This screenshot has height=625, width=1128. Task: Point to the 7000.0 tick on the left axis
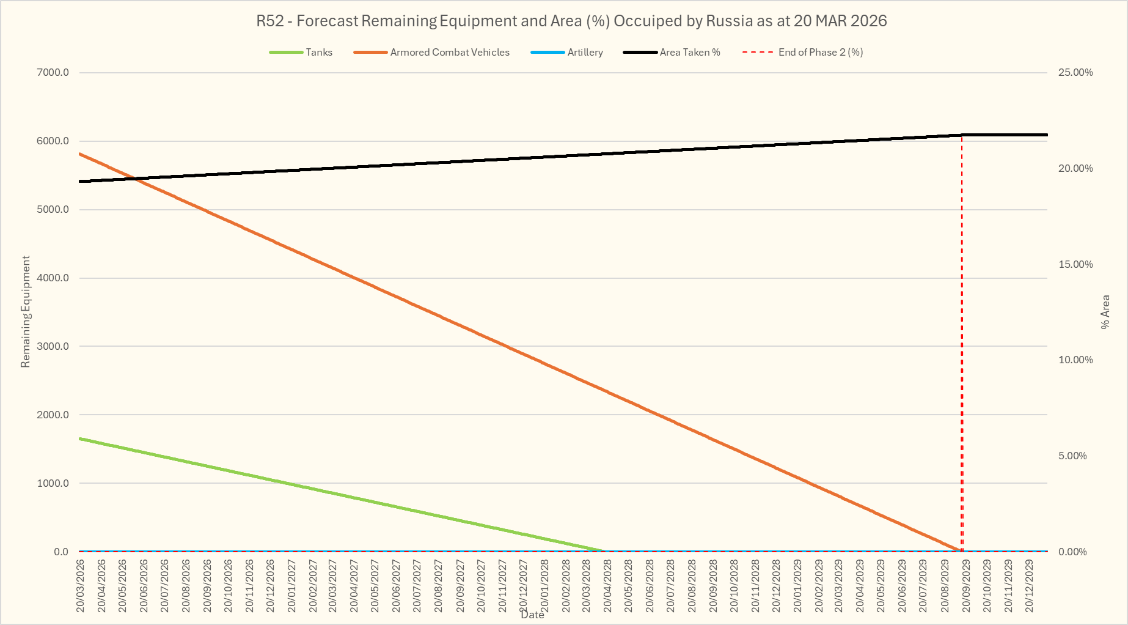[53, 73]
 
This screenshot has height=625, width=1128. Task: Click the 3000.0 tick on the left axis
[53, 347]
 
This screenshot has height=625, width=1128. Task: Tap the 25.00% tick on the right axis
[1075, 73]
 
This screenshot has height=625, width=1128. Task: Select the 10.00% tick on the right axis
[1075, 360]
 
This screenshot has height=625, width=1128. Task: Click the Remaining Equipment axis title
[26, 312]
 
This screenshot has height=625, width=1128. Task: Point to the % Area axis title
[1105, 312]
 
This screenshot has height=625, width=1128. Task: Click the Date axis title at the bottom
[532, 615]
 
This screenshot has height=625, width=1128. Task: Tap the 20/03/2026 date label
[81, 585]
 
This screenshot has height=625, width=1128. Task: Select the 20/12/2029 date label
[1030, 585]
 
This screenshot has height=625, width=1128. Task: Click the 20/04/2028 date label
[608, 585]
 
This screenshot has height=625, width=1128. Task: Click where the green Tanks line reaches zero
[604, 551]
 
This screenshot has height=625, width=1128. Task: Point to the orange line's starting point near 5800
[81, 154]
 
